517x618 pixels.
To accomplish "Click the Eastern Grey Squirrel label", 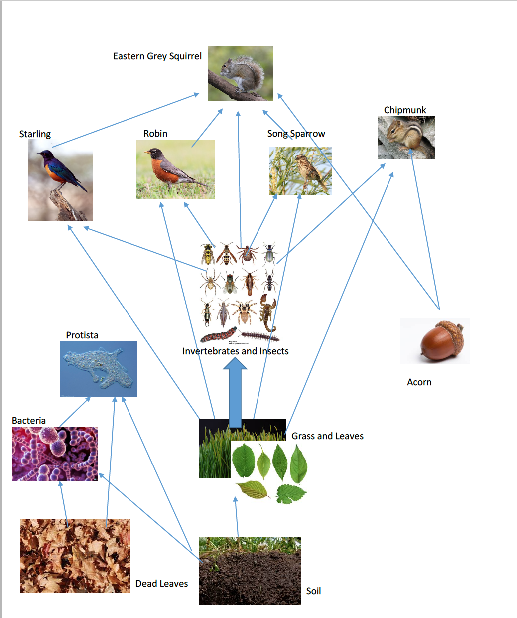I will (x=157, y=56).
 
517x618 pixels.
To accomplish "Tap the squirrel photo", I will (x=241, y=73).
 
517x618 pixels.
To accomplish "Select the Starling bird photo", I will (x=60, y=182).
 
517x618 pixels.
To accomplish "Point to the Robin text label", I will (x=155, y=134).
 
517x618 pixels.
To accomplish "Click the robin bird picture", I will (x=175, y=169).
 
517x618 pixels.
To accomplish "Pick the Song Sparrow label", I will (x=296, y=134).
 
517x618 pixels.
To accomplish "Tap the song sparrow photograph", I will (x=300, y=171).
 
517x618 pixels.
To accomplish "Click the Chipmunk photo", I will (x=406, y=138).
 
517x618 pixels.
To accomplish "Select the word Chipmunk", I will (x=405, y=110).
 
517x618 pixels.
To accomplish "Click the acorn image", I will (x=435, y=341).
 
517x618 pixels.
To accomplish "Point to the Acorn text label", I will (x=419, y=382).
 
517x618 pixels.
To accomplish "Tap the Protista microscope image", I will (x=99, y=369).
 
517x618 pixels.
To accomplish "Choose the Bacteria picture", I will (x=55, y=454).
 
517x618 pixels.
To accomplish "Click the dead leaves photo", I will (x=75, y=556).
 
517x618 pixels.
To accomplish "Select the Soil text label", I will (x=313, y=591).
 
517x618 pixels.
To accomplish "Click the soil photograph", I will (x=250, y=571).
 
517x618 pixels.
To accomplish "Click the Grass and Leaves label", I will (x=327, y=436).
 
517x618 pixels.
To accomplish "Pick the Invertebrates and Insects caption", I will (x=235, y=351).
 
